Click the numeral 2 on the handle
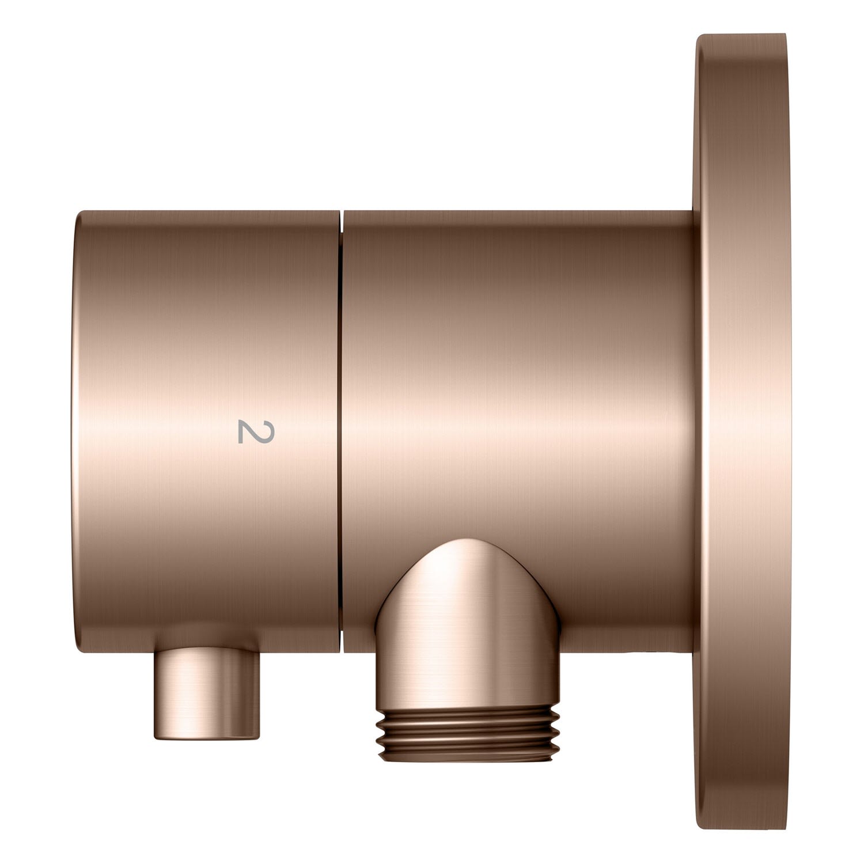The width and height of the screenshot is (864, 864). pos(248,431)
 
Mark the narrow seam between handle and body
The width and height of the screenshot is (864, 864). pos(341,432)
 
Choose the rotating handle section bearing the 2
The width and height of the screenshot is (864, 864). pos(207,432)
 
